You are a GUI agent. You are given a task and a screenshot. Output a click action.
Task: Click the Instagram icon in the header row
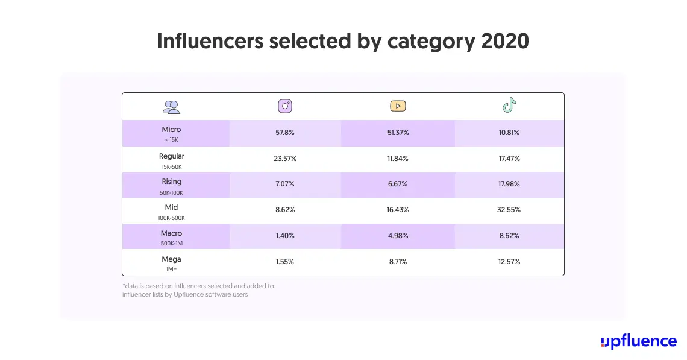click(285, 107)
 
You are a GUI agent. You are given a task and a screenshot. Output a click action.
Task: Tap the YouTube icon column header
click(397, 107)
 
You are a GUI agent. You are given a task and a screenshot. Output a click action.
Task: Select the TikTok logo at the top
click(509, 106)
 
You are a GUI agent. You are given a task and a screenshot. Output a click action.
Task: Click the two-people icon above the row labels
click(171, 107)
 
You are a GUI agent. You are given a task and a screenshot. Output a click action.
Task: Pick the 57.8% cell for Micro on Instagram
click(285, 133)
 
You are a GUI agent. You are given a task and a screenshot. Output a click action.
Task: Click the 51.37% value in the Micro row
click(397, 133)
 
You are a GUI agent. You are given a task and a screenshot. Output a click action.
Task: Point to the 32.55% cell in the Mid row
click(509, 210)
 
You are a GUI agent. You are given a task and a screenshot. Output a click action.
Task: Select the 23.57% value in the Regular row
click(285, 159)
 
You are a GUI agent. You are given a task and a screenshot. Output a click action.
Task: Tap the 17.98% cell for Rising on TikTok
click(509, 185)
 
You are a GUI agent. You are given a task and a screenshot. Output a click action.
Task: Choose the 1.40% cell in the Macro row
click(285, 236)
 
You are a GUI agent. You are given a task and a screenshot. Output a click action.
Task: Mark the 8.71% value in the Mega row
click(397, 262)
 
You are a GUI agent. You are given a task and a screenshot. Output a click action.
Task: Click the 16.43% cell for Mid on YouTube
click(397, 210)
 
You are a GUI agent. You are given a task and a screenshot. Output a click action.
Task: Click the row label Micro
click(171, 130)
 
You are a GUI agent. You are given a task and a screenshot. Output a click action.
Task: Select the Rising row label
click(171, 182)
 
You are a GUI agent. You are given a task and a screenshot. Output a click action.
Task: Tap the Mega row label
click(171, 259)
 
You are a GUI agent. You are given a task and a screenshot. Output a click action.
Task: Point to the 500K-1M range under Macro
click(171, 244)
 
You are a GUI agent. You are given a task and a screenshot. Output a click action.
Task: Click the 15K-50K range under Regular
click(171, 166)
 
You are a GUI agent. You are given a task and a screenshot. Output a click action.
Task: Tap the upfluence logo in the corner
click(639, 341)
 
